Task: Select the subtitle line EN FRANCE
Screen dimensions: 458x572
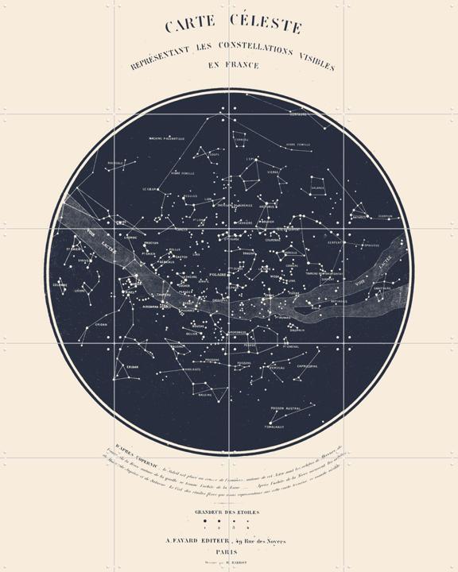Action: (x=230, y=68)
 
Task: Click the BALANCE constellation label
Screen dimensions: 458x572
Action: (x=317, y=188)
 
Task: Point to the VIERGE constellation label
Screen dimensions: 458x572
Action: (x=274, y=171)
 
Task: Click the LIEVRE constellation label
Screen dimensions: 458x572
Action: (x=80, y=292)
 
